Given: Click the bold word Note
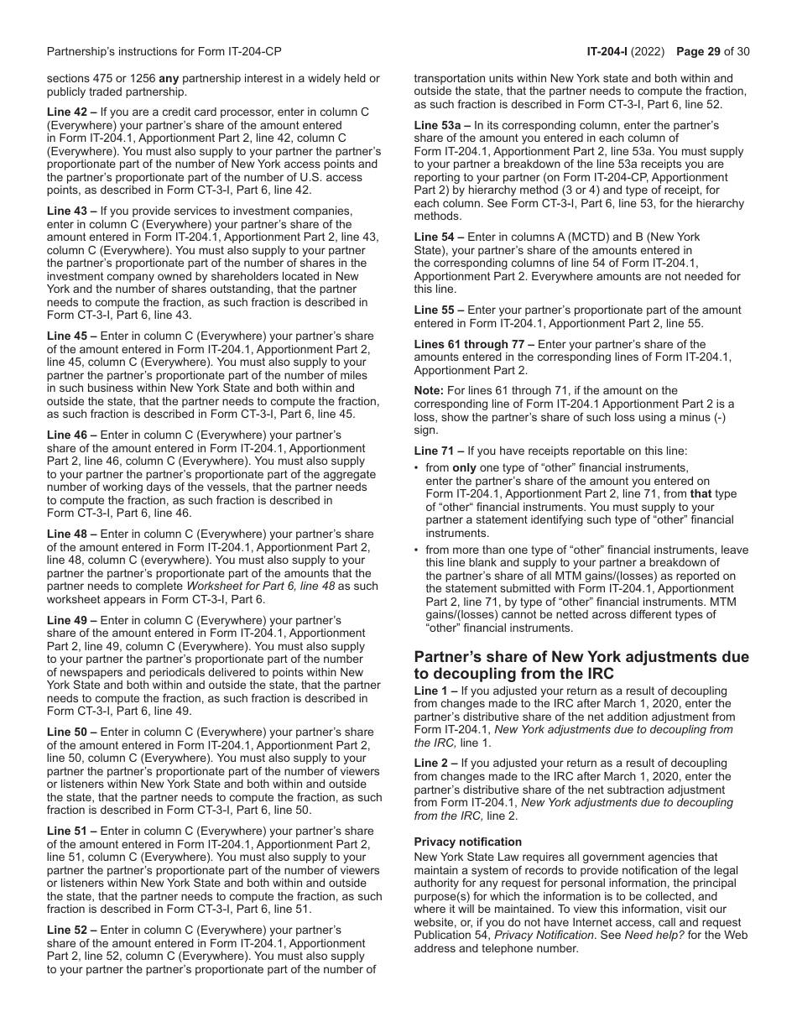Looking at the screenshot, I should tap(430, 390).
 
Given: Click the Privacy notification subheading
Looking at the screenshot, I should tap(467, 842).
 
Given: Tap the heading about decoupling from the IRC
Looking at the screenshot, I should tap(581, 665).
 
